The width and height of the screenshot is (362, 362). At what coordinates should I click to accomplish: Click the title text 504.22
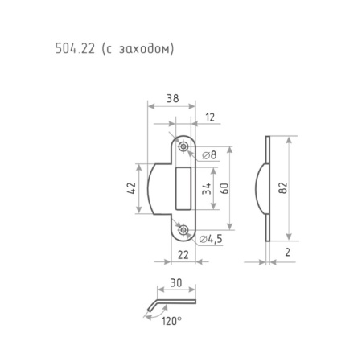pos(75,49)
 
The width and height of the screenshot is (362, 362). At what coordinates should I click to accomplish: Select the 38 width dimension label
pos(172,98)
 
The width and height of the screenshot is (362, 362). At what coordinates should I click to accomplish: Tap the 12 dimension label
pos(210,117)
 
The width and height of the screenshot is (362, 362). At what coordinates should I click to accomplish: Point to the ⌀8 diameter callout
pos(209,155)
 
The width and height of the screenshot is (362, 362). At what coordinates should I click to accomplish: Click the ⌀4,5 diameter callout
pos(211,239)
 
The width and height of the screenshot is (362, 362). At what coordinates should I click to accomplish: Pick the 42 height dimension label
pos(132,188)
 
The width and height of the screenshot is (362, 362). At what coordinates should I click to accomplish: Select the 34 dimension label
pos(207,188)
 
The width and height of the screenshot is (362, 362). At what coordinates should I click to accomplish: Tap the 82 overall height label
pos(283,187)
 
